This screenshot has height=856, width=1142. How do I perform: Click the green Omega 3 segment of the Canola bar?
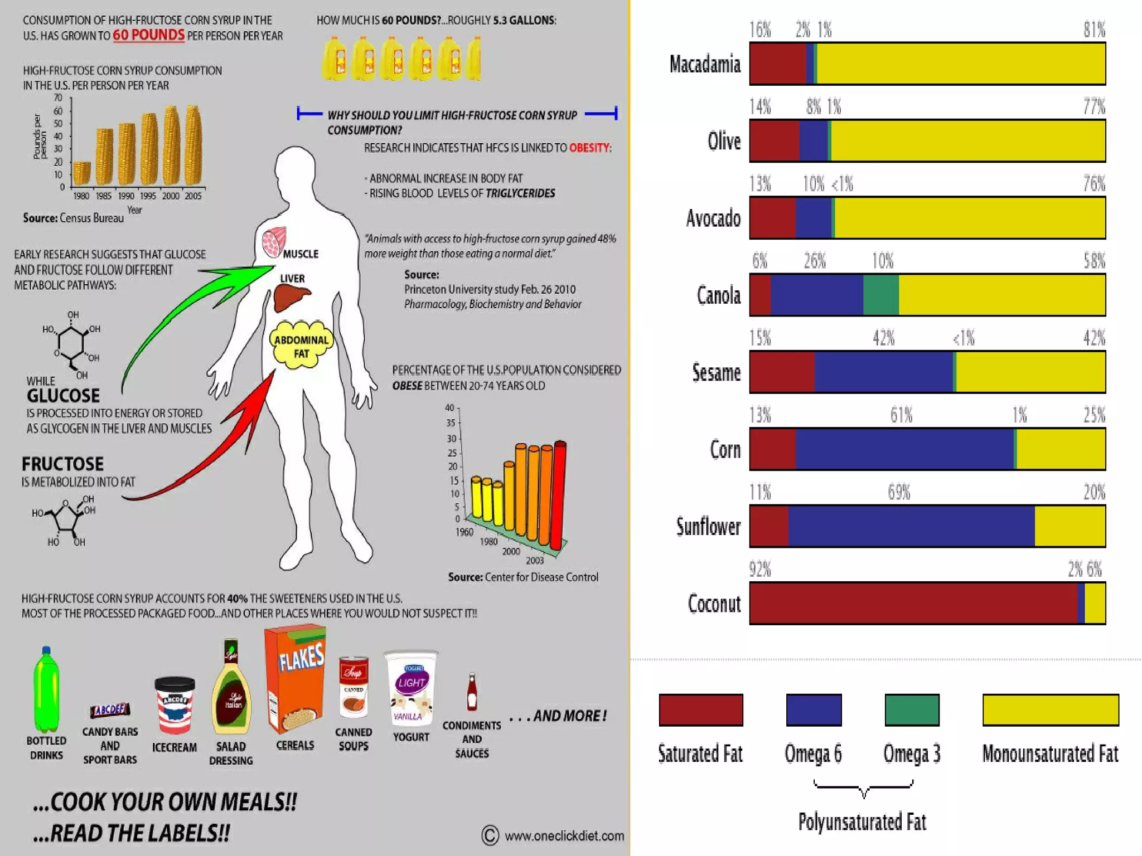coord(880,295)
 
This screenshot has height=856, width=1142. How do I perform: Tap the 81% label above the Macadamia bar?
coord(1093,30)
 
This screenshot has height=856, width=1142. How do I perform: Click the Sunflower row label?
coord(708,527)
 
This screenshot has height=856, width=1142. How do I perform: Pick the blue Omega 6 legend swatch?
coord(813,709)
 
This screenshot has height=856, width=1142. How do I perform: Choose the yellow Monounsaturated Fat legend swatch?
coord(1050,709)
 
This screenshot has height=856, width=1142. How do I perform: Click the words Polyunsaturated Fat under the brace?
coord(862,822)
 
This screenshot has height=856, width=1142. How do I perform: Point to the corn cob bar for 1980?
coord(81,173)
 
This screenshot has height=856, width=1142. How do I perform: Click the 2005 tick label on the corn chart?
coord(193,196)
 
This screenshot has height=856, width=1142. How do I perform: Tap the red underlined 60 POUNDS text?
coord(148,35)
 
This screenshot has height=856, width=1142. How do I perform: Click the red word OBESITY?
coord(589,148)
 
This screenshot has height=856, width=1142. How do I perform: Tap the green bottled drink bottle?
coord(46,691)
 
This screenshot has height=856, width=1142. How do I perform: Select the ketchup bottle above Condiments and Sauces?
coord(472,692)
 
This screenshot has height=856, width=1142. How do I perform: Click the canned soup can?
coord(354,687)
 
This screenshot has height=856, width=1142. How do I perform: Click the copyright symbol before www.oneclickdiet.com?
coord(490,835)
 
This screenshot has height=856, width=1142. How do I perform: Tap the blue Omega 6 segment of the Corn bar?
coord(903,449)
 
